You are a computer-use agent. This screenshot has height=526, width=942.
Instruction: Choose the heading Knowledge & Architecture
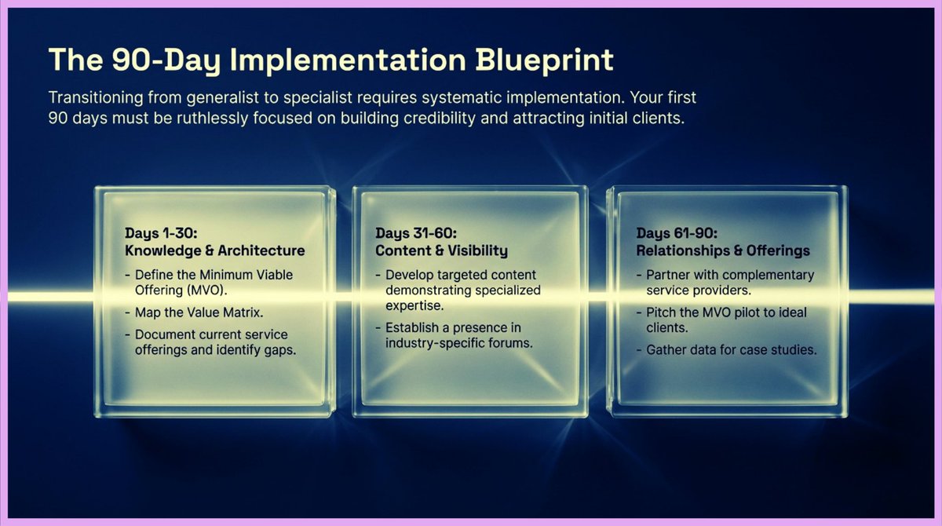pyautogui.click(x=214, y=250)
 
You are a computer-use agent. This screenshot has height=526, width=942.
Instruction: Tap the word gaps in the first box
pyautogui.click(x=279, y=350)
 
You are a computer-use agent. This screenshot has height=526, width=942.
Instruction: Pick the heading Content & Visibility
pyautogui.click(x=441, y=250)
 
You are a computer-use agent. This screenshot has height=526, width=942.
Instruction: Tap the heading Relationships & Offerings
pyautogui.click(x=722, y=250)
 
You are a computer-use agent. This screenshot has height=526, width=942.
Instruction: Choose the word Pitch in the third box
pyautogui.click(x=662, y=312)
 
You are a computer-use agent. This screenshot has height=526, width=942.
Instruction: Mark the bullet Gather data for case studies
pyautogui.click(x=732, y=350)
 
